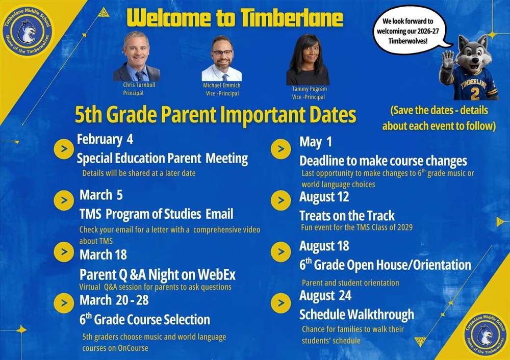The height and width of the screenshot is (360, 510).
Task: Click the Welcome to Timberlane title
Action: click(x=235, y=17)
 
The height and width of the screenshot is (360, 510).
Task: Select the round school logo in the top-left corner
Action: click(x=26, y=31)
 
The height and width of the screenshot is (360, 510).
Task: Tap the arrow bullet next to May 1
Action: click(x=280, y=149)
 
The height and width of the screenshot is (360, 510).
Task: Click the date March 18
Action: click(x=103, y=254)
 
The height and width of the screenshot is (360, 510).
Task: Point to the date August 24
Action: click(x=325, y=296)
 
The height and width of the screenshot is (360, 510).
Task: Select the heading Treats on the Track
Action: click(x=347, y=215)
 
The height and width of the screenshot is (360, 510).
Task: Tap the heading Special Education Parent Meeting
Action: click(x=162, y=159)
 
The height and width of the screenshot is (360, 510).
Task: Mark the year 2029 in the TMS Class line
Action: click(x=402, y=227)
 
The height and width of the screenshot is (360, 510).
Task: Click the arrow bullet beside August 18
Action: click(x=280, y=251)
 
